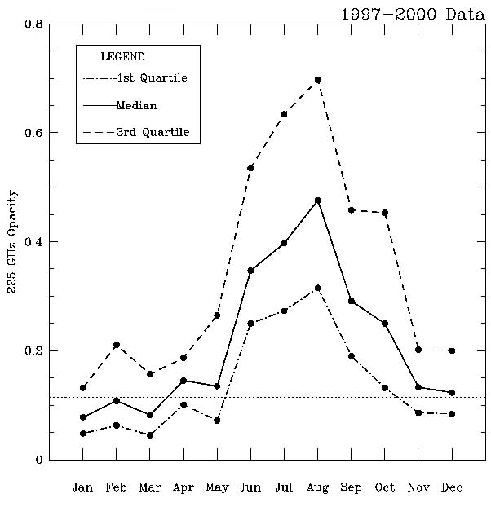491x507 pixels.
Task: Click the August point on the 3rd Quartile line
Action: (x=317, y=80)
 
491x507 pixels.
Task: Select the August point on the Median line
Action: (x=317, y=200)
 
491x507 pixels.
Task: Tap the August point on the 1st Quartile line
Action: (x=317, y=288)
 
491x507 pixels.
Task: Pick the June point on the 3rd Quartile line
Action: (x=250, y=168)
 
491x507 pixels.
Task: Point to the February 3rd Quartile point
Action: (x=117, y=345)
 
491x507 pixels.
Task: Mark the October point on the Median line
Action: (x=384, y=324)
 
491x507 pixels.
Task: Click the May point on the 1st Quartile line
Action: (x=217, y=420)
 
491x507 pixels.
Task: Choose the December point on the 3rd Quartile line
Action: (x=451, y=350)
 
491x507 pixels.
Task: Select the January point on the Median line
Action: (x=83, y=417)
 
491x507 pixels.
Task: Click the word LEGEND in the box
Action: (x=122, y=57)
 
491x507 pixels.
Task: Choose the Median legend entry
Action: (x=136, y=105)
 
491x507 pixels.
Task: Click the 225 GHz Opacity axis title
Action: (x=12, y=242)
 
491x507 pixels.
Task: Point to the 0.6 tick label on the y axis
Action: (x=33, y=133)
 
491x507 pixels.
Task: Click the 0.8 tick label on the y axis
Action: (x=33, y=24)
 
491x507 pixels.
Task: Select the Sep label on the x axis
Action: (x=351, y=487)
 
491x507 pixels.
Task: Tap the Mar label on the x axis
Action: (x=150, y=487)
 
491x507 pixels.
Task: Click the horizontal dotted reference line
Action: (x=269, y=397)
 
